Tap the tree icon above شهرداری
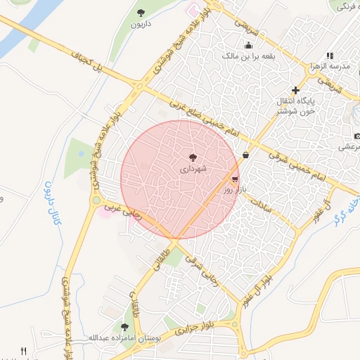point(193,157)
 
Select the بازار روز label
point(233,190)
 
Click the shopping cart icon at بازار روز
point(234,179)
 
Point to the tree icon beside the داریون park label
point(141,12)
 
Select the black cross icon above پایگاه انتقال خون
point(295,90)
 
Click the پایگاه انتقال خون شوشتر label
point(295,106)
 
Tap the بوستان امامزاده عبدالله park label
point(124,338)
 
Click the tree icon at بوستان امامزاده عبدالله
point(125,327)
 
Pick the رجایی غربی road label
point(123,211)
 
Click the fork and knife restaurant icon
point(23,351)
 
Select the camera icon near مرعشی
point(357,135)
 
